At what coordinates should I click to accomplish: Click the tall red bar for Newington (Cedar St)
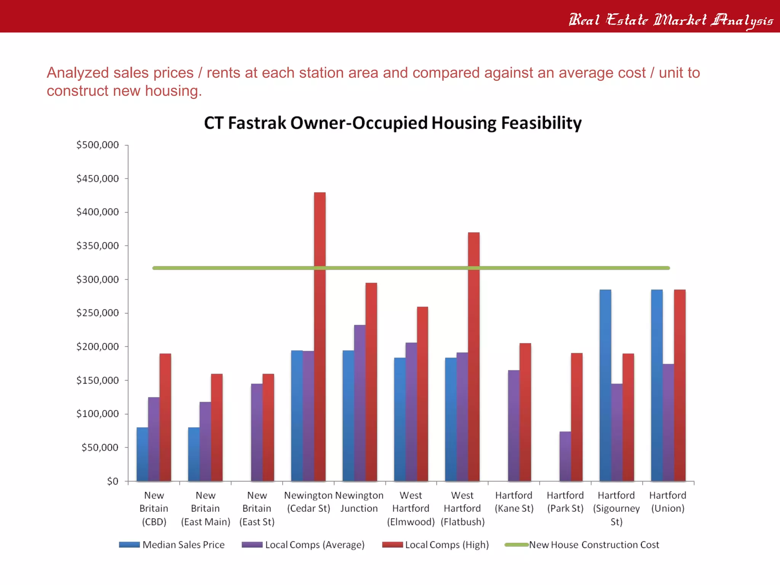(x=320, y=335)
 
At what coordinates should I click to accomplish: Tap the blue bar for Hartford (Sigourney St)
(x=605, y=385)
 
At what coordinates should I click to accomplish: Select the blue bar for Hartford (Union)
(x=657, y=385)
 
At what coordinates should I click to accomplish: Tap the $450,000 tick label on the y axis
(x=97, y=179)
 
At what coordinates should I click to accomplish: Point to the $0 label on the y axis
(x=112, y=481)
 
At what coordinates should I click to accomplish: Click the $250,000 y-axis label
(x=97, y=313)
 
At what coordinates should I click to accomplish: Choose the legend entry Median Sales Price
(x=183, y=545)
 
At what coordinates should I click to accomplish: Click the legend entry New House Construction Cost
(x=594, y=545)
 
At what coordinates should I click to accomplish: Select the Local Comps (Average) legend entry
(x=315, y=545)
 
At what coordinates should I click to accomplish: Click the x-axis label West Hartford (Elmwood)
(x=411, y=508)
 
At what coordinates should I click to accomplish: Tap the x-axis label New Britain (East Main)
(x=206, y=508)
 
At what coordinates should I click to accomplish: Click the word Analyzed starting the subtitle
(x=77, y=73)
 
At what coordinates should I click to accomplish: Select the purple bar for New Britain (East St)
(x=257, y=432)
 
